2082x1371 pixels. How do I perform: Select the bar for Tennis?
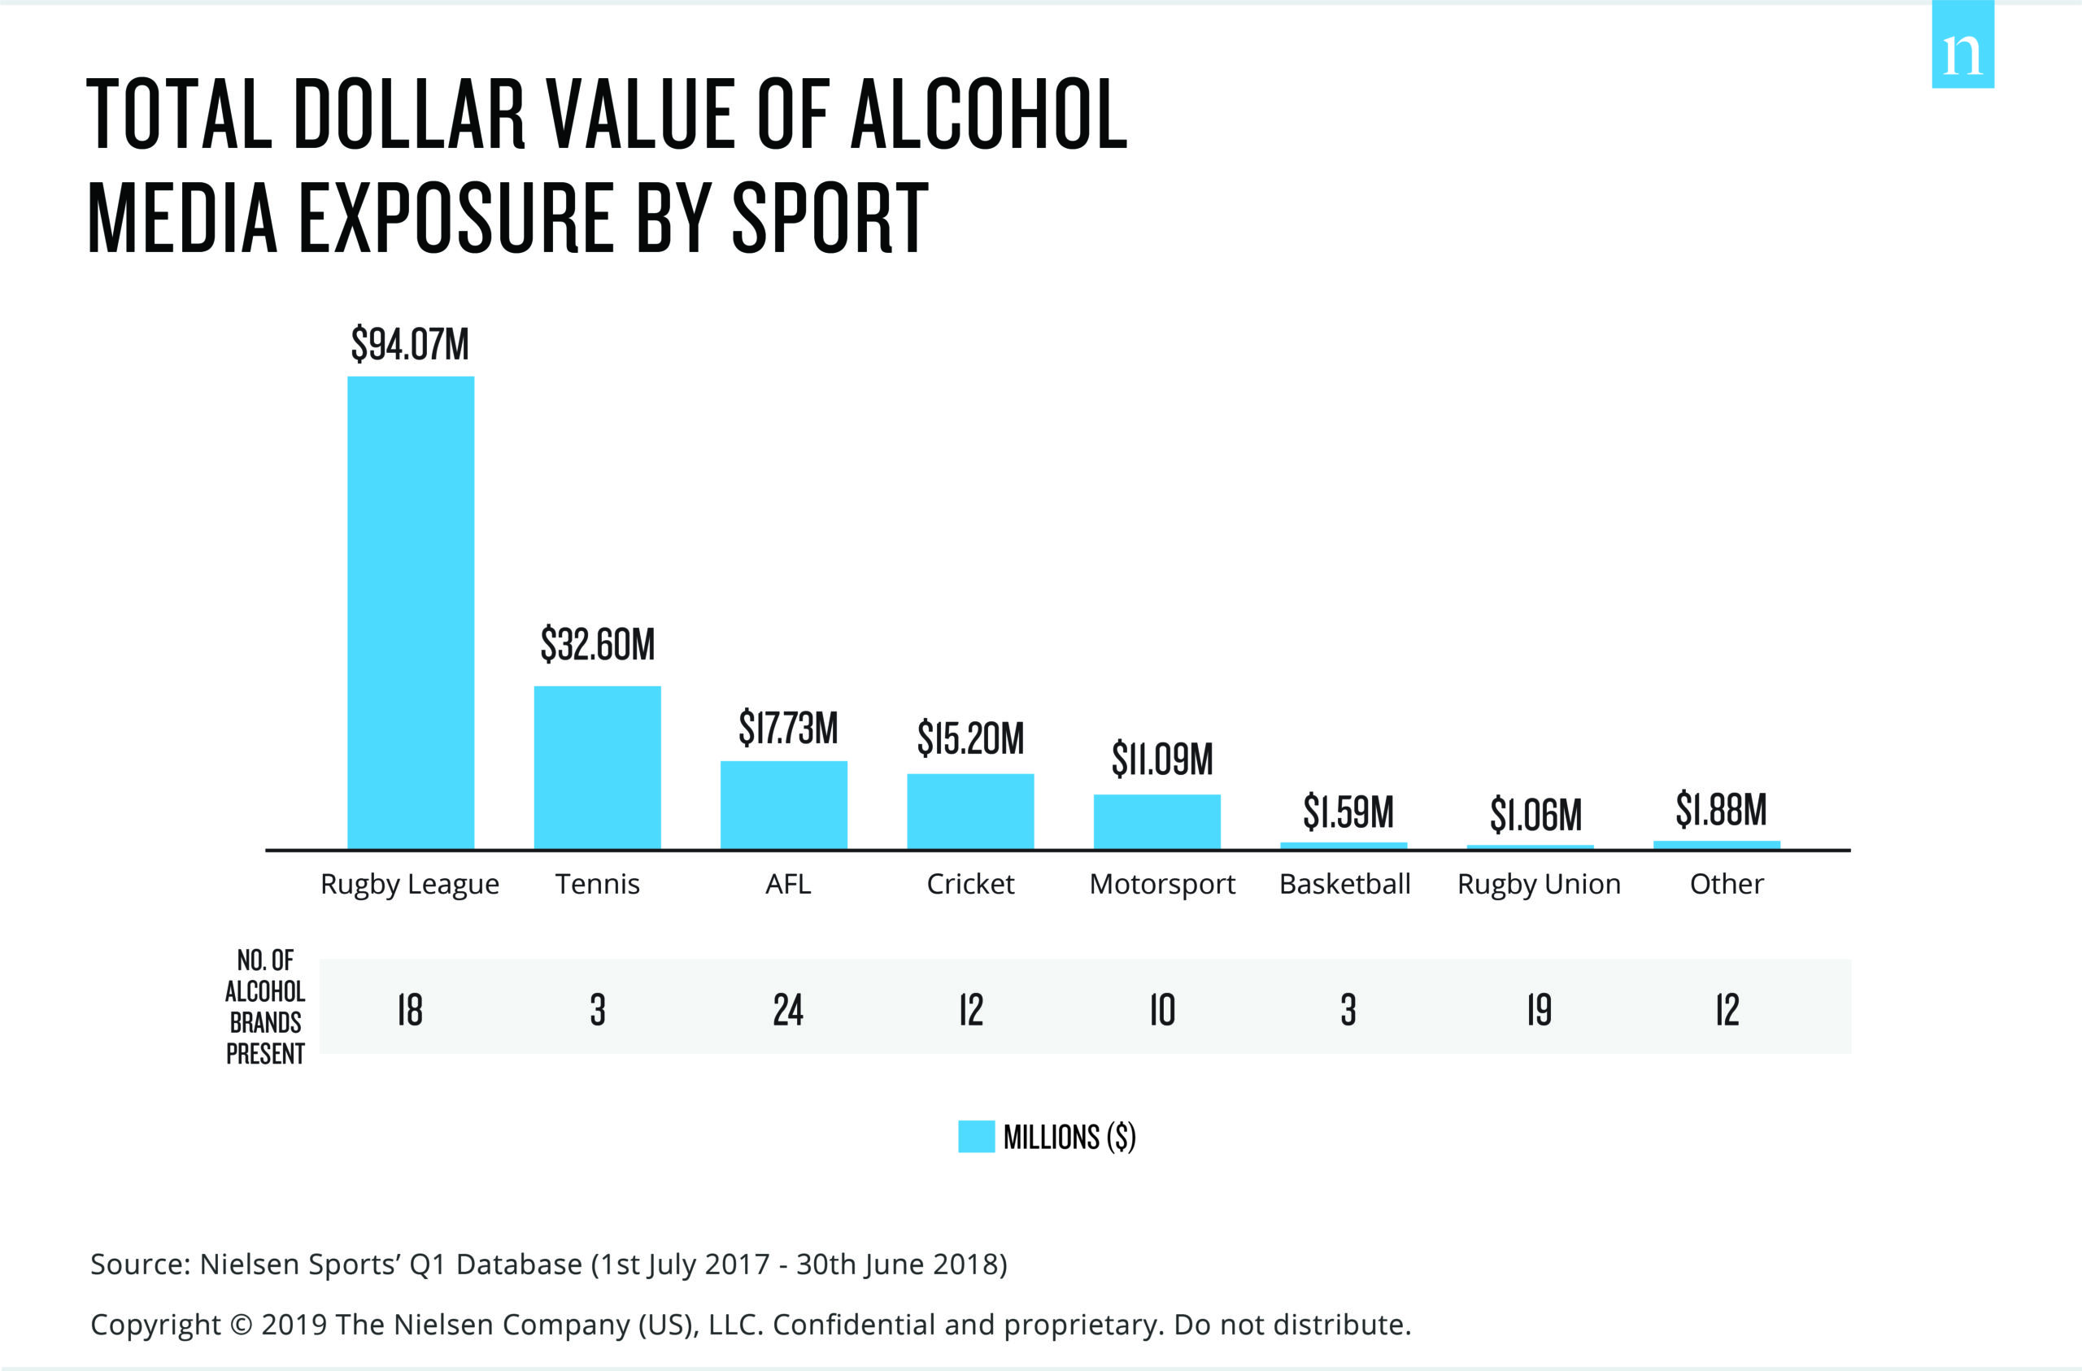coord(598,768)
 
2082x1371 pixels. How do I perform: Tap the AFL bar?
coord(784,805)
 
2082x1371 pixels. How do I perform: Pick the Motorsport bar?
coord(1156,821)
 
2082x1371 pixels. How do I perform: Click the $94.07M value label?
coord(409,344)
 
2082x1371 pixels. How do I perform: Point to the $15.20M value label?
coord(970,738)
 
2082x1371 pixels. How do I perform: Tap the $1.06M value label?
coord(1535,815)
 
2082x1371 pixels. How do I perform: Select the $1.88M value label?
coord(1721,809)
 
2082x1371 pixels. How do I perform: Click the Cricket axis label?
coord(970,884)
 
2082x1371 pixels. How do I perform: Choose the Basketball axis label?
coord(1344,884)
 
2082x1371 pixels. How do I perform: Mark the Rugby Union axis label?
coord(1539,884)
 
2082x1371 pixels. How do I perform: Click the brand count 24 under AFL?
coord(787,1010)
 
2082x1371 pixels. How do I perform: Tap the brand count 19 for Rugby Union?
coord(1539,1010)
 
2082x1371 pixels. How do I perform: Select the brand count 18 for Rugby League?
coord(409,1010)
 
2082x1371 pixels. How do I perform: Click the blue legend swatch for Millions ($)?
coord(976,1137)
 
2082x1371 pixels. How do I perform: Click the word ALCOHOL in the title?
coord(988,114)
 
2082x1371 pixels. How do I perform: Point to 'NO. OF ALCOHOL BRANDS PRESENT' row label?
coord(265,1006)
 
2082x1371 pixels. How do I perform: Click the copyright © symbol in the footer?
coord(241,1325)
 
